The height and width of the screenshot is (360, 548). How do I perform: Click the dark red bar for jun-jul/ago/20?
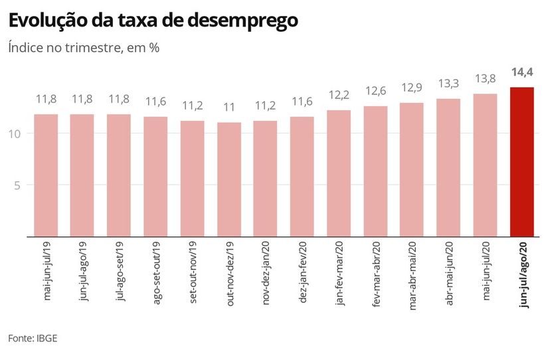pos(521,161)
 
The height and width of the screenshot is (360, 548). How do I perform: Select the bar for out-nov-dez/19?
pos(229,179)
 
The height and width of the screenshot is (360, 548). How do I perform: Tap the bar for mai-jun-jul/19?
pos(46,175)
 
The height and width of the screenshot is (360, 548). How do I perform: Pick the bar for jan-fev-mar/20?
pos(339,173)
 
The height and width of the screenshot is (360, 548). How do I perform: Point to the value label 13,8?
pos(485,79)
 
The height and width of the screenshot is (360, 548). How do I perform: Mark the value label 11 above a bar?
pos(229,107)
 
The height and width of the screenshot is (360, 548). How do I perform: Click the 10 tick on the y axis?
pos(15,134)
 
